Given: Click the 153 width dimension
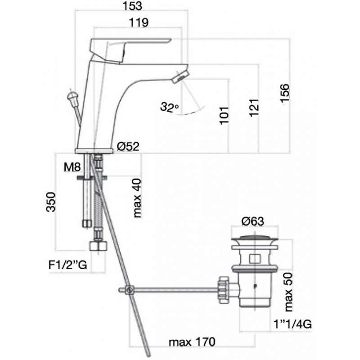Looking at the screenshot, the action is tap(132, 6).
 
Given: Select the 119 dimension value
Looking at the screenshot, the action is tap(139, 22).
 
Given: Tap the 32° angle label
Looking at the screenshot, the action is tap(170, 107).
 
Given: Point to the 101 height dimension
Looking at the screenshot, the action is tap(225, 116).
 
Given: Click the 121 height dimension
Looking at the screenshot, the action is tap(254, 108).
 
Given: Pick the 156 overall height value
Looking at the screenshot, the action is tap(285, 94).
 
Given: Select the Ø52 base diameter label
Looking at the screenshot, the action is tap(128, 146).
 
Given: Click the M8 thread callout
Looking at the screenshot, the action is tap(72, 167).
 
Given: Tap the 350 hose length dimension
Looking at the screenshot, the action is tap(51, 202).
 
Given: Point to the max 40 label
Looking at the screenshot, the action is tap(137, 198).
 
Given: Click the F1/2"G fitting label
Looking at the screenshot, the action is tap(68, 265).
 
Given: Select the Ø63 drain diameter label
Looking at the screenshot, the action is tap(253, 221).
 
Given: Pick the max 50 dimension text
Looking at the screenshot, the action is tap(288, 292).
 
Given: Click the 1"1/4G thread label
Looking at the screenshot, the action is tap(293, 324).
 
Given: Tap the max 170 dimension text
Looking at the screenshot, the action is tap(192, 342).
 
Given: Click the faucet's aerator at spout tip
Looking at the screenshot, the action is tap(180, 76).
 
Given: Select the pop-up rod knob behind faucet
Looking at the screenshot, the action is tap(73, 98).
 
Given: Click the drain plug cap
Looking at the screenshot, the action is tap(255, 239).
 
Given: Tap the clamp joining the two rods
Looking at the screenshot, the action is tap(130, 290).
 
